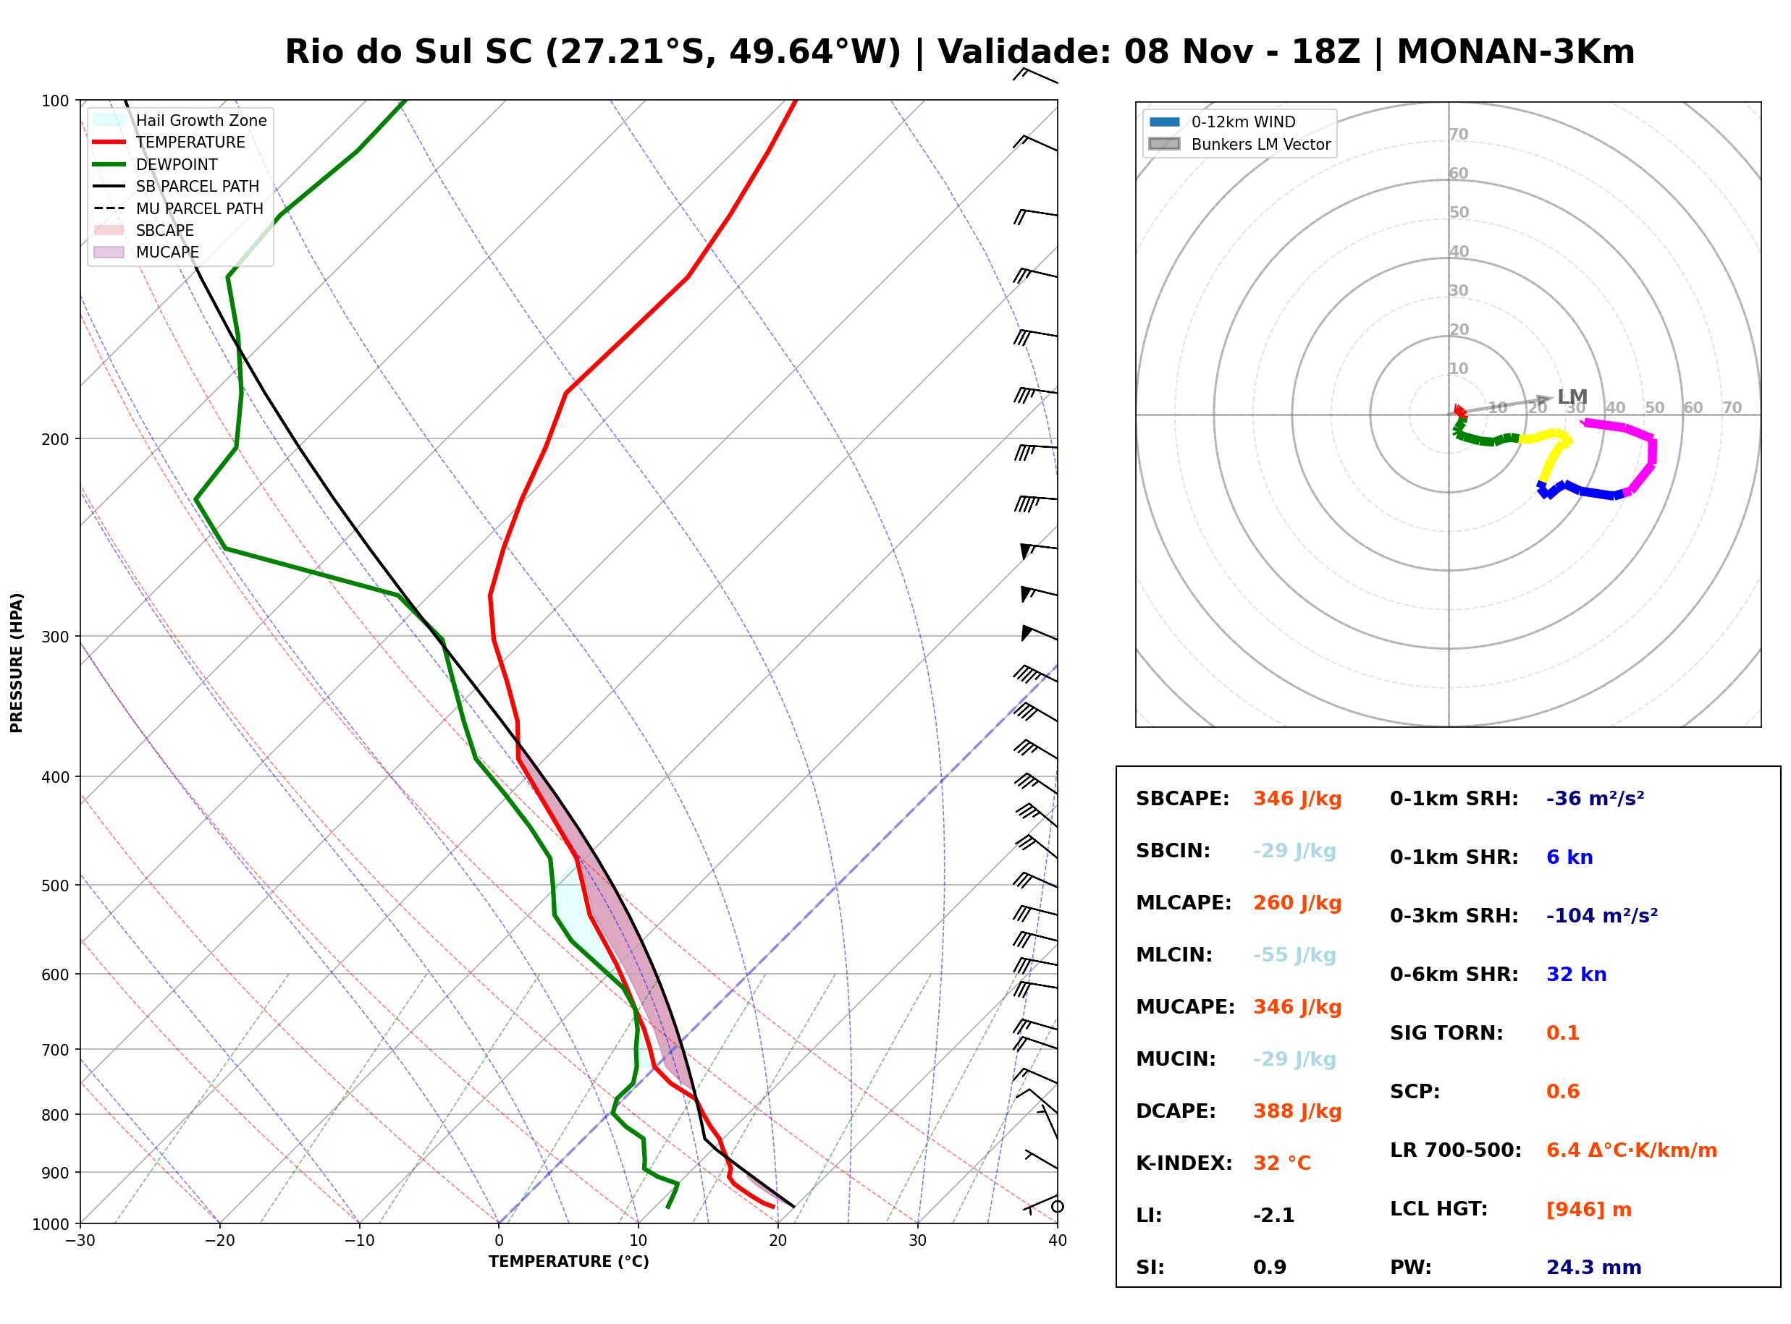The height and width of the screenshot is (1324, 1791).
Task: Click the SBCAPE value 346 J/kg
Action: click(x=1297, y=799)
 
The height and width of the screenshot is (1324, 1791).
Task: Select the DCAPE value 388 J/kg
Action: click(x=1297, y=1111)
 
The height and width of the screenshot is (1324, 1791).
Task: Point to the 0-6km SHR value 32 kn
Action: click(x=1576, y=975)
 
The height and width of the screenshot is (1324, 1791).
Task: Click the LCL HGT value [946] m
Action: click(x=1588, y=1210)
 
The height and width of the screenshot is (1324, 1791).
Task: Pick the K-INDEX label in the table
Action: click(x=1184, y=1163)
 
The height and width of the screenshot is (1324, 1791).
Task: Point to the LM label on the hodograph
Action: click(x=1572, y=396)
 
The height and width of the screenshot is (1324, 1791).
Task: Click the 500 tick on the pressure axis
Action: click(x=54, y=886)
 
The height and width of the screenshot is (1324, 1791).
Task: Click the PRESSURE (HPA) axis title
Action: click(x=16, y=663)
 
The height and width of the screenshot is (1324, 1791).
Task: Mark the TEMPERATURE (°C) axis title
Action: click(x=568, y=1263)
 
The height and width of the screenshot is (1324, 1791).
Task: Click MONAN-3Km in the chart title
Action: click(x=1515, y=52)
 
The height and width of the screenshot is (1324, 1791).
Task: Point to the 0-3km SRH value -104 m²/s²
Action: click(x=1602, y=915)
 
